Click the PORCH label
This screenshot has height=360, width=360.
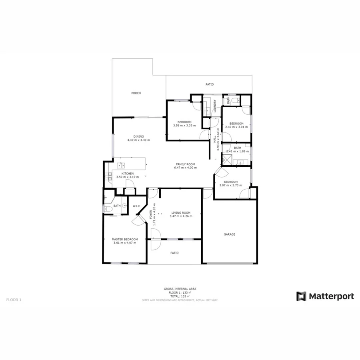(x=136, y=93)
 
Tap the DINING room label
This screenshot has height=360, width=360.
(x=138, y=136)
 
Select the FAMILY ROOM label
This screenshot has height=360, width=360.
(x=185, y=164)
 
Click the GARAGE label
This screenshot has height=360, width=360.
(x=229, y=234)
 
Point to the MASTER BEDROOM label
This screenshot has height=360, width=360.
(x=125, y=239)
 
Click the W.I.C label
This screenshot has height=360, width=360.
(x=136, y=206)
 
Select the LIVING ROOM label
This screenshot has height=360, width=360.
(x=181, y=213)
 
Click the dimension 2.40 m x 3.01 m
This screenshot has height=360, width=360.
(x=236, y=127)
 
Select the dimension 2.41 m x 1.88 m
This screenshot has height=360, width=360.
(x=238, y=152)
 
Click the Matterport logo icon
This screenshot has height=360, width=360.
(x=301, y=296)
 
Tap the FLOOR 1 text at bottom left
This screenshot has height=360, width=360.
(x=14, y=299)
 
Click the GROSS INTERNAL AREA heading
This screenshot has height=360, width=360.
(x=180, y=289)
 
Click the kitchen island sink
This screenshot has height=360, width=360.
(x=121, y=165)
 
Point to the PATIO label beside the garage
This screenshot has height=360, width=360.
(x=174, y=253)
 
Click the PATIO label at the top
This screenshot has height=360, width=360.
(x=210, y=84)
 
